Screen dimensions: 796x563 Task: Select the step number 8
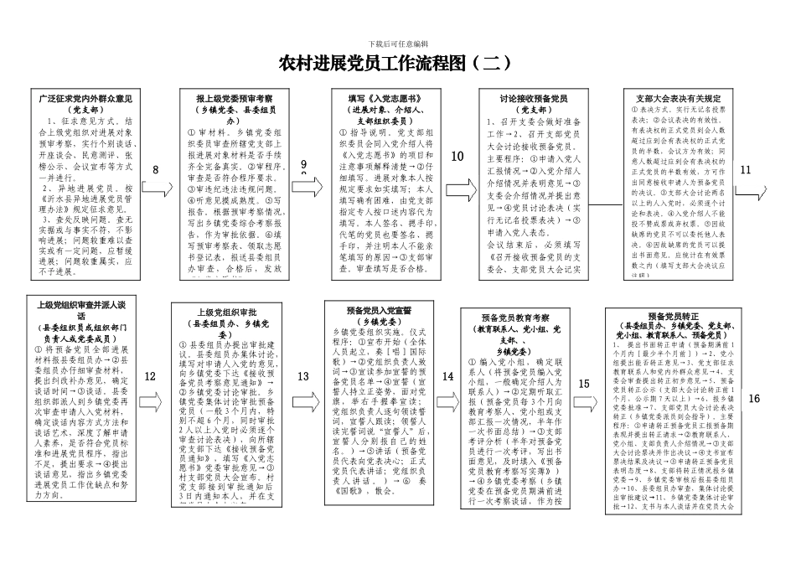[154, 171]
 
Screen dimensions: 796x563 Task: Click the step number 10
[457, 156]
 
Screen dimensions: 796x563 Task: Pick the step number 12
[150, 377]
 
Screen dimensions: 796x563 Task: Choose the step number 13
[302, 377]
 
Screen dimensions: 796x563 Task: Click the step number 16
[754, 398]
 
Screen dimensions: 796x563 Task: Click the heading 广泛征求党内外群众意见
[85, 99]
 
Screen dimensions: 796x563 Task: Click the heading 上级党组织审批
[225, 312]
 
